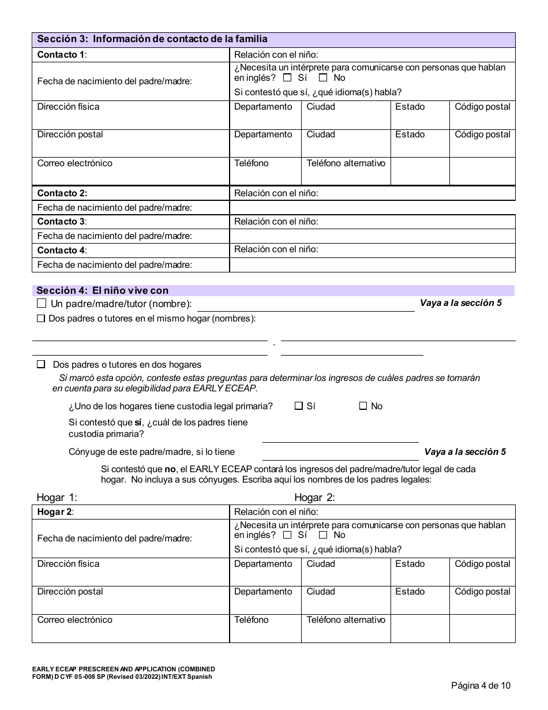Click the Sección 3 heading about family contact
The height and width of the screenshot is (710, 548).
(x=152, y=39)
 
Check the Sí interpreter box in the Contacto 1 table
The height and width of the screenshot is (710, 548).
(x=287, y=78)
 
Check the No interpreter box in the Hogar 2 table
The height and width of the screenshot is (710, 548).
(x=323, y=535)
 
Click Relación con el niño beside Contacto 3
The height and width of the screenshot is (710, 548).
(x=276, y=221)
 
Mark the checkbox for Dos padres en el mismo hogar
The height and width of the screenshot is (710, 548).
(x=41, y=318)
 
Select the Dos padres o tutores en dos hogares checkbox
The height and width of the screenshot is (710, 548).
(x=41, y=365)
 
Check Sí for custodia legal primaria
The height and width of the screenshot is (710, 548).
(x=299, y=406)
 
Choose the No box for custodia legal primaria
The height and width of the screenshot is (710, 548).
(x=363, y=406)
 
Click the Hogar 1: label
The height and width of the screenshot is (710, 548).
(x=57, y=498)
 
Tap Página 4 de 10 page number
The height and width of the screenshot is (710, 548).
(x=481, y=686)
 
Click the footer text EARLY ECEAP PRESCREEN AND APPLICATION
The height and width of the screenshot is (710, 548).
(x=123, y=670)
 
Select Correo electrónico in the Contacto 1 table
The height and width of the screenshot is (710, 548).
(x=75, y=163)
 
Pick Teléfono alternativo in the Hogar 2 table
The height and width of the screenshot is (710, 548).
(x=346, y=620)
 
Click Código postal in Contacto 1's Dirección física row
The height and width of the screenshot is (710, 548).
(x=482, y=107)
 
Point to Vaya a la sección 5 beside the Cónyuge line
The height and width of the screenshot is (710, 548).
(x=465, y=452)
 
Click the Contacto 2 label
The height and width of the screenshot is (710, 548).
(x=62, y=193)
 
